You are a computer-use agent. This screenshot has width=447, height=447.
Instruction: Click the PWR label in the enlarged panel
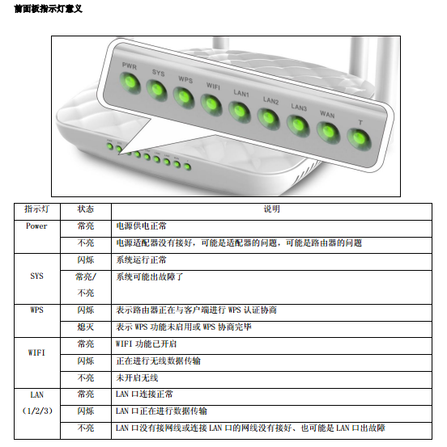pyautogui.click(x=130, y=66)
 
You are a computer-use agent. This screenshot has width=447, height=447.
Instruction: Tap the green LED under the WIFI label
pyautogui.click(x=211, y=104)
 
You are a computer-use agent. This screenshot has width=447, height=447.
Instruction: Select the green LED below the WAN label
pyautogui.click(x=328, y=133)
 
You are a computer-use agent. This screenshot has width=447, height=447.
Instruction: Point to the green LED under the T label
pyautogui.click(x=359, y=139)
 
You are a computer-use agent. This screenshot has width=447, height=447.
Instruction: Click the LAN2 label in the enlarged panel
pyautogui.click(x=270, y=100)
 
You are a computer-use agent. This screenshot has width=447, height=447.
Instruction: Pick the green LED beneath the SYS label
pyautogui.click(x=157, y=91)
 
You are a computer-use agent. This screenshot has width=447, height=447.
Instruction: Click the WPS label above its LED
pyautogui.click(x=185, y=79)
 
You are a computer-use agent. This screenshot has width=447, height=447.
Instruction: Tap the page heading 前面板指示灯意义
pyautogui.click(x=49, y=9)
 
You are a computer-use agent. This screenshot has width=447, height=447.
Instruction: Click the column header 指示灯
pyautogui.click(x=36, y=209)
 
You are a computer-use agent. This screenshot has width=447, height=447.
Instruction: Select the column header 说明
pyautogui.click(x=271, y=209)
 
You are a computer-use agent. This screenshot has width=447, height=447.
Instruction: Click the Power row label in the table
pyautogui.click(x=36, y=226)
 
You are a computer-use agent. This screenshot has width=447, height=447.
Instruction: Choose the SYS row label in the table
pyautogui.click(x=37, y=276)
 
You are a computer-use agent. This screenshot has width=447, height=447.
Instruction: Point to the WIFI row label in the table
pyautogui.click(x=36, y=352)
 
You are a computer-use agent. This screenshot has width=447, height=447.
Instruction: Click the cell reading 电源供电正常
pyautogui.click(x=141, y=226)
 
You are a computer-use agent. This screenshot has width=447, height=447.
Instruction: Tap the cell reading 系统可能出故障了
pyautogui.click(x=150, y=276)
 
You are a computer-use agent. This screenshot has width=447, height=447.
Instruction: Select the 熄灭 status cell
pyautogui.click(x=86, y=327)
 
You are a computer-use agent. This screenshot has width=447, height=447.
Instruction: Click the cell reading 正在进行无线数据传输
pyautogui.click(x=158, y=361)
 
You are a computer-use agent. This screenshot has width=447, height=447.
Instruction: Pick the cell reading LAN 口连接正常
pyautogui.click(x=144, y=394)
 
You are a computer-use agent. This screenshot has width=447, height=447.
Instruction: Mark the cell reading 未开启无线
pyautogui.click(x=137, y=378)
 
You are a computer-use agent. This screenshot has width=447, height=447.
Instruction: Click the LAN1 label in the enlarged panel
pyautogui.click(x=241, y=93)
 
